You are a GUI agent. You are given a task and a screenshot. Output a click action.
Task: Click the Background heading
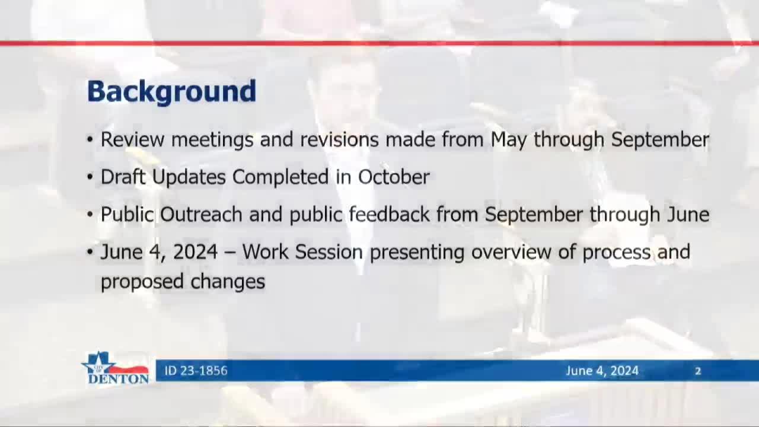tap(171, 92)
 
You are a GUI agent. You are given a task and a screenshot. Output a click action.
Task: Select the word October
tap(394, 177)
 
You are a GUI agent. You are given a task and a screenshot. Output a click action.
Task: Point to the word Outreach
tap(201, 215)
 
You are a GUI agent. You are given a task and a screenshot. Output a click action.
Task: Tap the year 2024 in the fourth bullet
tap(196, 252)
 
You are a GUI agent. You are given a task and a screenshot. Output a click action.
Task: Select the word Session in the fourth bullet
tap(329, 252)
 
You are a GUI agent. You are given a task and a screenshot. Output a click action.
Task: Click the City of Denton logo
tap(116, 368)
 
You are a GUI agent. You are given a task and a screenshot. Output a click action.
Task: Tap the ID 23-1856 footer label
tap(196, 371)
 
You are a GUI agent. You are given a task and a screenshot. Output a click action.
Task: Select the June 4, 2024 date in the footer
tap(602, 371)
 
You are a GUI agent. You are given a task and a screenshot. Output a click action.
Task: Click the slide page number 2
tap(698, 371)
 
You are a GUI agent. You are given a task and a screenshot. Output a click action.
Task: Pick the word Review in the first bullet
tap(132, 140)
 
